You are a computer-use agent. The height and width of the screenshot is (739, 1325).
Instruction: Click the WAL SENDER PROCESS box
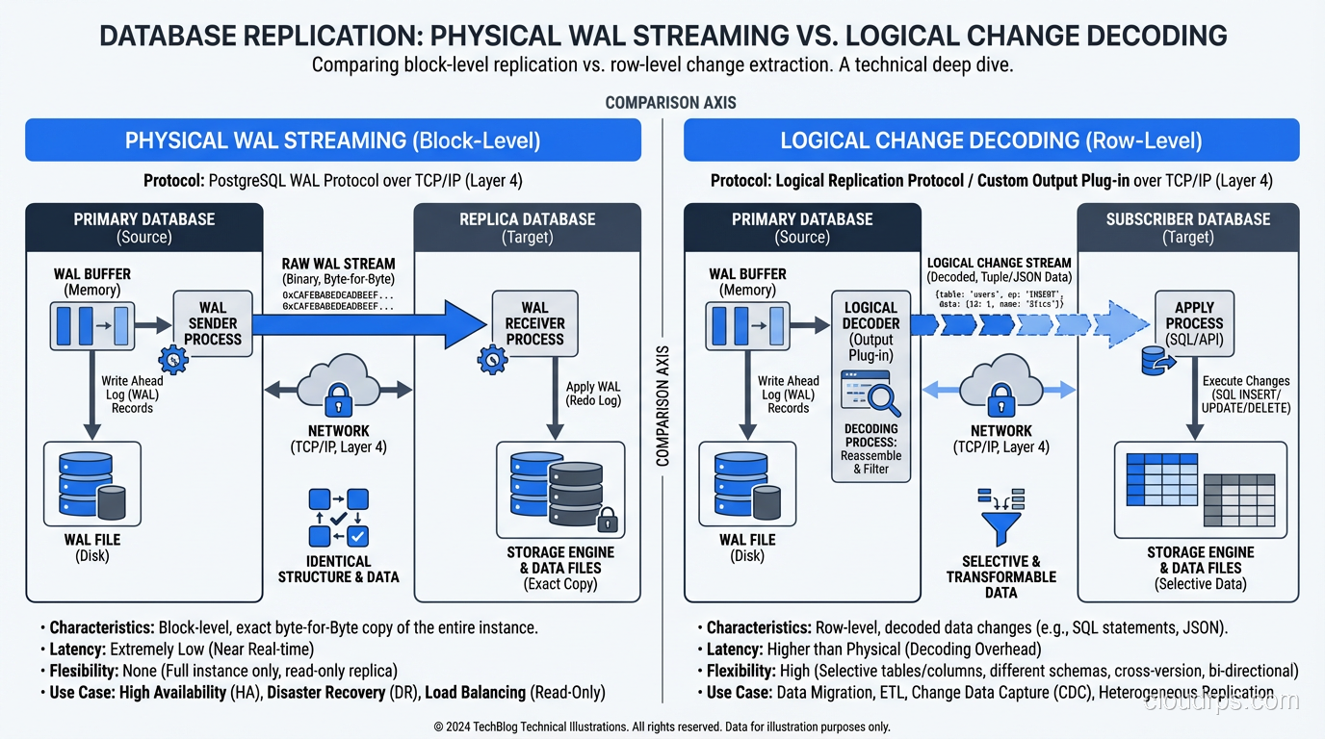click(212, 323)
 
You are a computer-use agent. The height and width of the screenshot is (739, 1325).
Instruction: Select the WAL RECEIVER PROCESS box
click(534, 323)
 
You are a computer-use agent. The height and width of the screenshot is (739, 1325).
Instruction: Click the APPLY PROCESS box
click(1194, 323)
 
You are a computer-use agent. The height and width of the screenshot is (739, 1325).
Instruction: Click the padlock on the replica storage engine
click(607, 521)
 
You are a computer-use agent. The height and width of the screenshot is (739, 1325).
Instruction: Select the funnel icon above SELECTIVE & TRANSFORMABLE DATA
click(1000, 520)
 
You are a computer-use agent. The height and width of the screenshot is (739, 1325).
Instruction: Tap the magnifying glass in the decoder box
click(882, 397)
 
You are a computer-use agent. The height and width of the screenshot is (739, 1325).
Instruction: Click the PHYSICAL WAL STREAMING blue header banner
click(332, 140)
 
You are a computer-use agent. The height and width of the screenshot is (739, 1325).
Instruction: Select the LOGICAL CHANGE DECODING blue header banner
click(991, 140)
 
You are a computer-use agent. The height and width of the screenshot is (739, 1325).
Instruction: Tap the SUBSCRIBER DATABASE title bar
click(1187, 227)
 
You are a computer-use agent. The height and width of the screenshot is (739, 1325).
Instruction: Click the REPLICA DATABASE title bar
click(527, 227)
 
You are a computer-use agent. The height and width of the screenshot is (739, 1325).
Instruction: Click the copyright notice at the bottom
click(662, 726)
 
